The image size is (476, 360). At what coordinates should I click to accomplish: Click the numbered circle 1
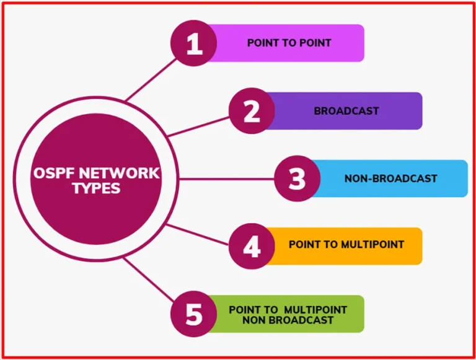(193, 43)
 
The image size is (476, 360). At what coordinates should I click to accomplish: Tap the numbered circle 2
(252, 111)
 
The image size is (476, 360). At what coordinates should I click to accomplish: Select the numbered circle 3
(297, 178)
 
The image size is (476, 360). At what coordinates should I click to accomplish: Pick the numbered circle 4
(252, 246)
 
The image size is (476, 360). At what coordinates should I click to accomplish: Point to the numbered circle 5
(193, 314)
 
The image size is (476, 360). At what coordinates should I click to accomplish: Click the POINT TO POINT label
(289, 43)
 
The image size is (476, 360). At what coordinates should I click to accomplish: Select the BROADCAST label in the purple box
(346, 111)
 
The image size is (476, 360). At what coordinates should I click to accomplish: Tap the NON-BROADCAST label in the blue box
(390, 178)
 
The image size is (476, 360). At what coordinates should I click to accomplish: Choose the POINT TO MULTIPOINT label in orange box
(346, 244)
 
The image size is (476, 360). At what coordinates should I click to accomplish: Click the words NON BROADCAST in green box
(288, 320)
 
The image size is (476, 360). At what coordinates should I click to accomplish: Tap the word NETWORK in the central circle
(119, 173)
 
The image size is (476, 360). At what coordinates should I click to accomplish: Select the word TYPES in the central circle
(97, 188)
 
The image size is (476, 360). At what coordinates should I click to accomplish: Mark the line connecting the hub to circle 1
(151, 80)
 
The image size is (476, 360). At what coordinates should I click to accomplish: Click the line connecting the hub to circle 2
(198, 127)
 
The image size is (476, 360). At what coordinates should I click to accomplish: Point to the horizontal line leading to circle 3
(227, 179)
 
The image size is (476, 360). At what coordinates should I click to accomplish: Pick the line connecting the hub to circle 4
(197, 234)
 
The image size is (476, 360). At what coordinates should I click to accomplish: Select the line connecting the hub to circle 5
(149, 279)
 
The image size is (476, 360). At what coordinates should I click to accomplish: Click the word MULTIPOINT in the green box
(315, 310)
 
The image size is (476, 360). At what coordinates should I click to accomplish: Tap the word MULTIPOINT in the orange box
(372, 244)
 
